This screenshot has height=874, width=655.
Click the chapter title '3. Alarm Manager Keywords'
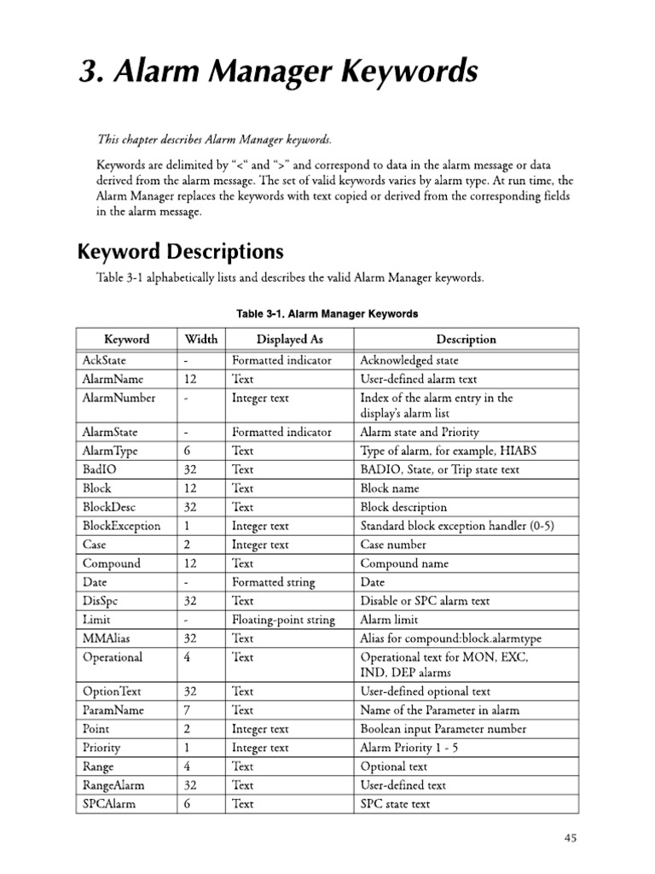[278, 73]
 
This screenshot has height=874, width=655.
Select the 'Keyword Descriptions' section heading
[180, 252]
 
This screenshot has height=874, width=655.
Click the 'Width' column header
[200, 339]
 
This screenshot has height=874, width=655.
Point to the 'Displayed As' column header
[289, 339]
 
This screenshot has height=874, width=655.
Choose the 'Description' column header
[466, 339]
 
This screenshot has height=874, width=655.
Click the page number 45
[571, 838]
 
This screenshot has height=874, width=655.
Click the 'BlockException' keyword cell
[121, 526]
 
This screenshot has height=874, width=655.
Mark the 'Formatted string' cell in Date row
[273, 582]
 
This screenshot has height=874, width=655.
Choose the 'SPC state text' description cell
[395, 804]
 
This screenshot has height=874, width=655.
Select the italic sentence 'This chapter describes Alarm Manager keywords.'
[213, 139]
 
